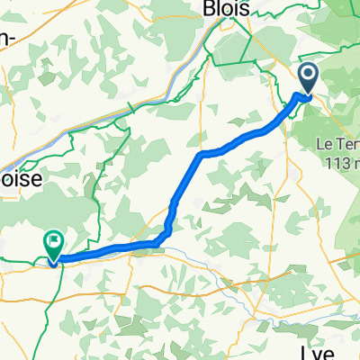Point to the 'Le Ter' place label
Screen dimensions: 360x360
coord(337,144)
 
